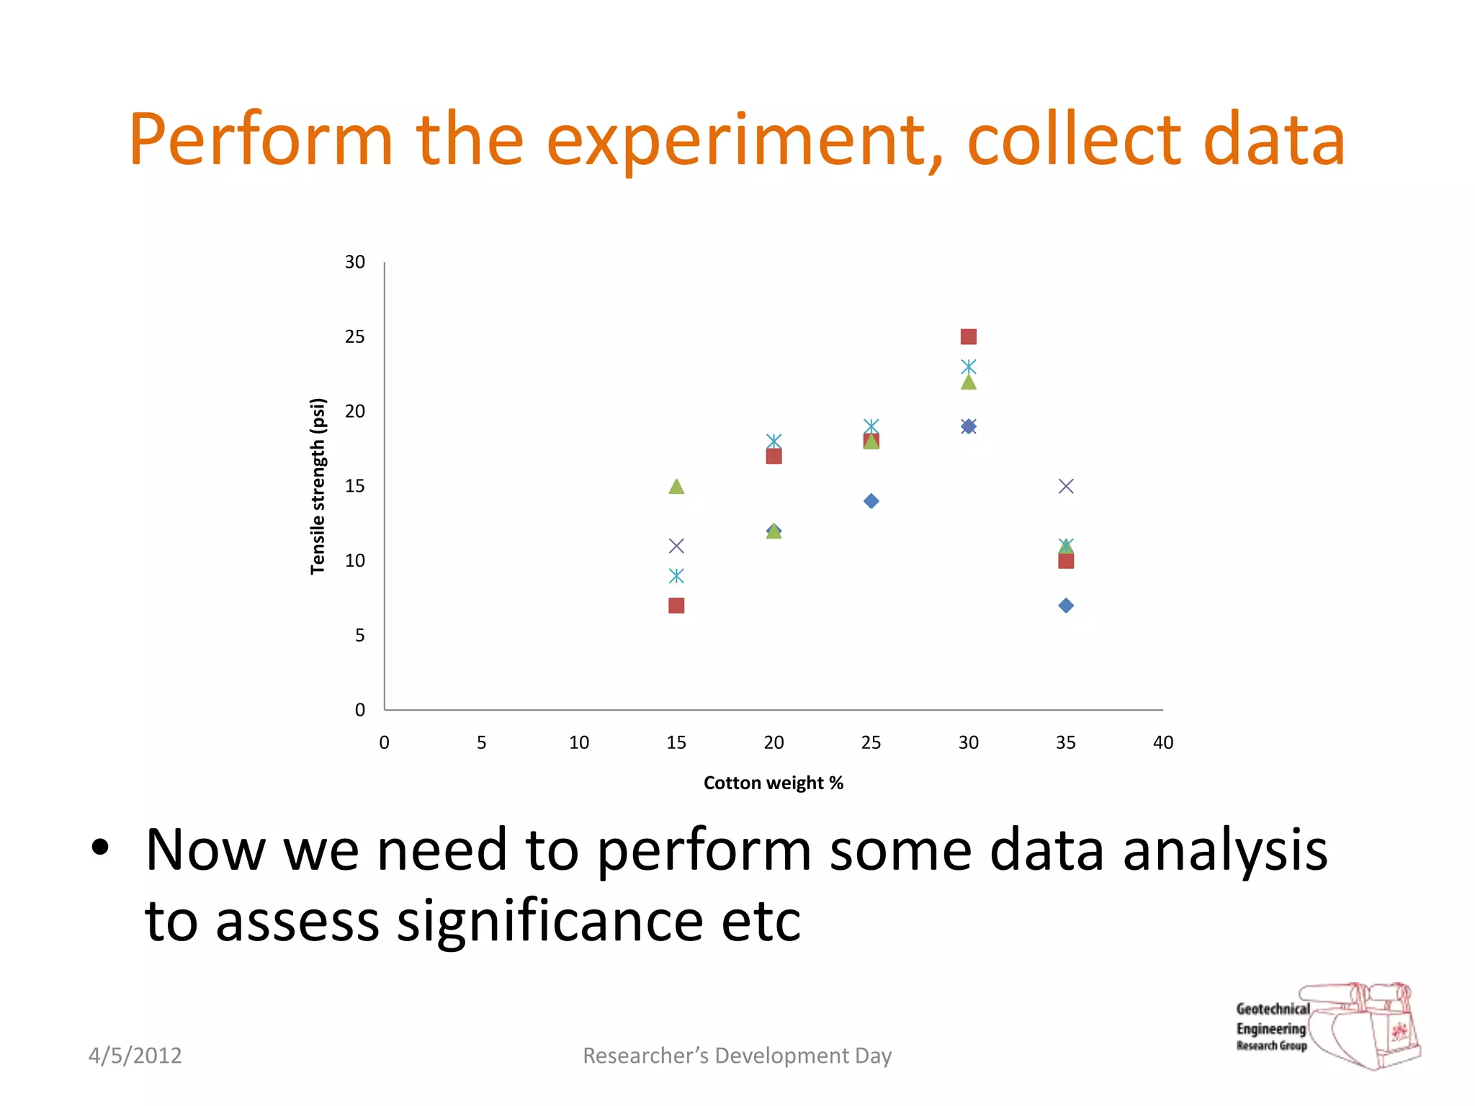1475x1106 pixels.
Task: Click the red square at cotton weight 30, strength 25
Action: pyautogui.click(x=968, y=337)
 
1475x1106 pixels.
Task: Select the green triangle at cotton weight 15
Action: pyautogui.click(x=676, y=487)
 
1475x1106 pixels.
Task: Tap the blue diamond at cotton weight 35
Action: pyautogui.click(x=1066, y=606)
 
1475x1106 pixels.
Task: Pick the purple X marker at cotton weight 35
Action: pyautogui.click(x=1066, y=486)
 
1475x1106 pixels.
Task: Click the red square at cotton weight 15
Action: pyautogui.click(x=676, y=606)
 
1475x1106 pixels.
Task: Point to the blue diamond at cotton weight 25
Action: pyautogui.click(x=871, y=501)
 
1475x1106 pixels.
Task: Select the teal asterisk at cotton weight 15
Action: pyautogui.click(x=676, y=575)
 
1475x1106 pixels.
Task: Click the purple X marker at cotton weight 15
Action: pyautogui.click(x=676, y=546)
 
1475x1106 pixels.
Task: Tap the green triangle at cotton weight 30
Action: pyautogui.click(x=968, y=382)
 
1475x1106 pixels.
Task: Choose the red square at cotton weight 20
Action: pyautogui.click(x=774, y=457)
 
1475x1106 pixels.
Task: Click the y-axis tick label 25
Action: pyautogui.click(x=354, y=337)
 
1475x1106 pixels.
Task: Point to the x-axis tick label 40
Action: pyautogui.click(x=1162, y=742)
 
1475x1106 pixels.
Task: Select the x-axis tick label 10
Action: pyautogui.click(x=578, y=742)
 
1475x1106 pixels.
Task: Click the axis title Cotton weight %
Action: pyautogui.click(x=773, y=783)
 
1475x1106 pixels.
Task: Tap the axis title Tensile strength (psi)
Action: pyautogui.click(x=318, y=486)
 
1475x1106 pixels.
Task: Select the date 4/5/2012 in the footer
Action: pyautogui.click(x=135, y=1056)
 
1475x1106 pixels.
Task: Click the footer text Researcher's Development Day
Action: pyautogui.click(x=737, y=1056)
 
